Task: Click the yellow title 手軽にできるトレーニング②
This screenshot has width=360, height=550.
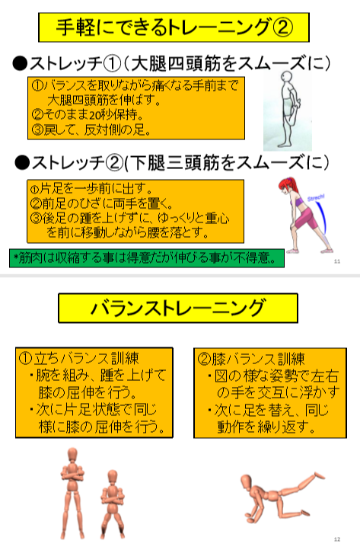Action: point(174,27)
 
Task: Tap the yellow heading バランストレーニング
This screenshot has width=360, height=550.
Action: point(178,308)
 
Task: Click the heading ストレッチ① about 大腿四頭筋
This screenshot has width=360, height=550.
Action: point(172,63)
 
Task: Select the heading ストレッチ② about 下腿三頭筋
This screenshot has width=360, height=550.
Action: point(172,162)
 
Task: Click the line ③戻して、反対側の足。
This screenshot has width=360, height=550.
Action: point(91,130)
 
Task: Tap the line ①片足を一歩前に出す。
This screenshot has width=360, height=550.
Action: point(91,189)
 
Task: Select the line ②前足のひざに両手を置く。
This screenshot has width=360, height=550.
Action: point(102,203)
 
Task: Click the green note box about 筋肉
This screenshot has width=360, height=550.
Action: point(147,258)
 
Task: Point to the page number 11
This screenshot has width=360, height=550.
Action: point(337,261)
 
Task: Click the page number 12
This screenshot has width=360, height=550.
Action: point(337,539)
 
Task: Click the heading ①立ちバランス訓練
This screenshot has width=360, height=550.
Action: point(79,358)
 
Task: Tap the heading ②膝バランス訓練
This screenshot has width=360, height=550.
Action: point(251,359)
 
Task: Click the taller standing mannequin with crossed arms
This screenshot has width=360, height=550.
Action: point(72,492)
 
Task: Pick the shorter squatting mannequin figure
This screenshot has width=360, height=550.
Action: point(112,504)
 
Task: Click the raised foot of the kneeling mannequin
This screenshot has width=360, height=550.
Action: point(319,476)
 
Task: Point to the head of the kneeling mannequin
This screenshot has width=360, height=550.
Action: point(246,481)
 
